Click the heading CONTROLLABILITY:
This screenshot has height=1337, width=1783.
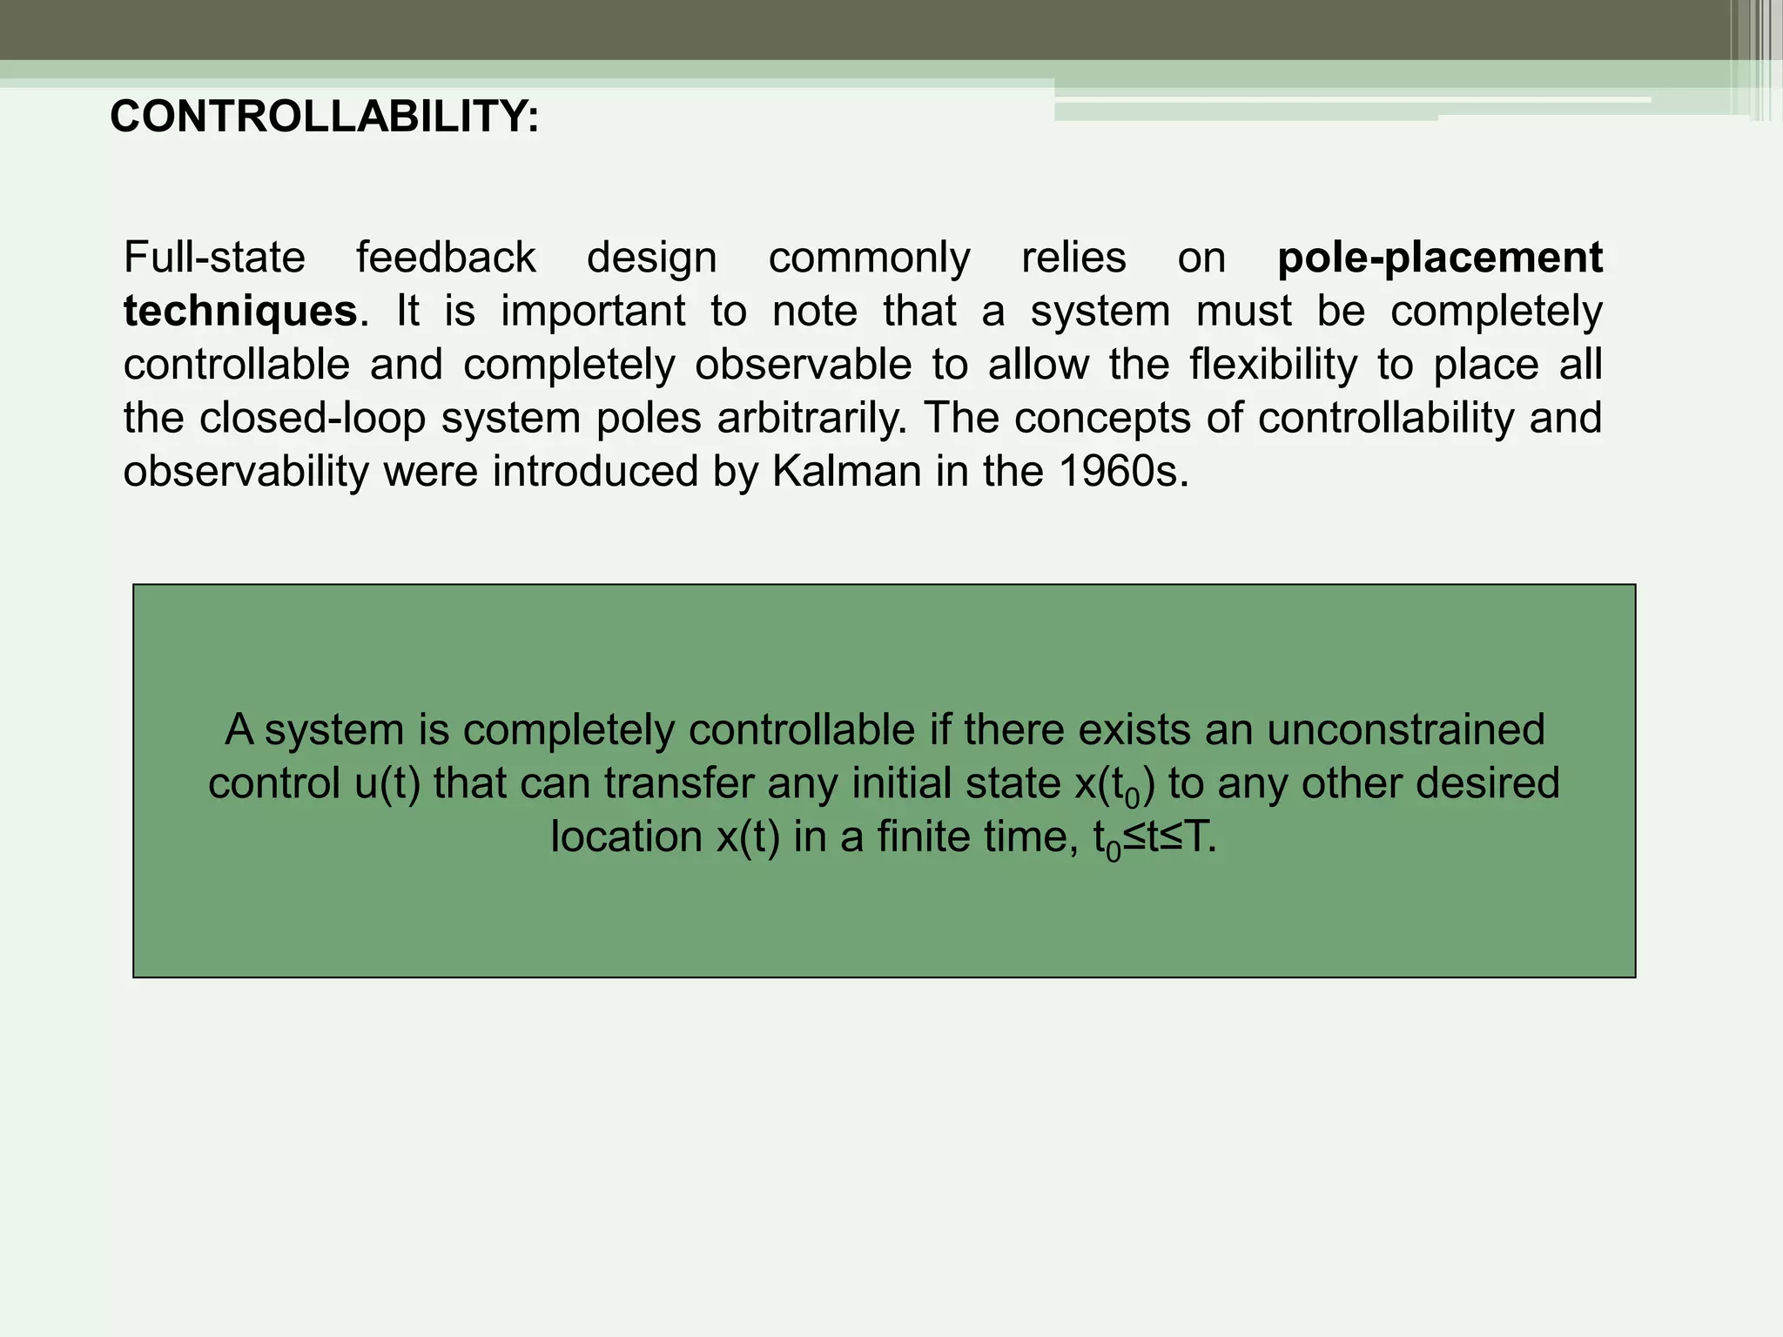(324, 117)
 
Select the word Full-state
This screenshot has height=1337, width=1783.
(214, 258)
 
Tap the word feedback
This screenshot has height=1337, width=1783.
(446, 258)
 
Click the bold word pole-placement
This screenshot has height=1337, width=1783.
(1440, 258)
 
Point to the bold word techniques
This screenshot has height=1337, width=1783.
(240, 311)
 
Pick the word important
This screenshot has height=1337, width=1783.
(593, 311)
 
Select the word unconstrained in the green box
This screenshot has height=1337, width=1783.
(1405, 729)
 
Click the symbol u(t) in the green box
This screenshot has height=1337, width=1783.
(387, 783)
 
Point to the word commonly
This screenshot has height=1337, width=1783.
(869, 258)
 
